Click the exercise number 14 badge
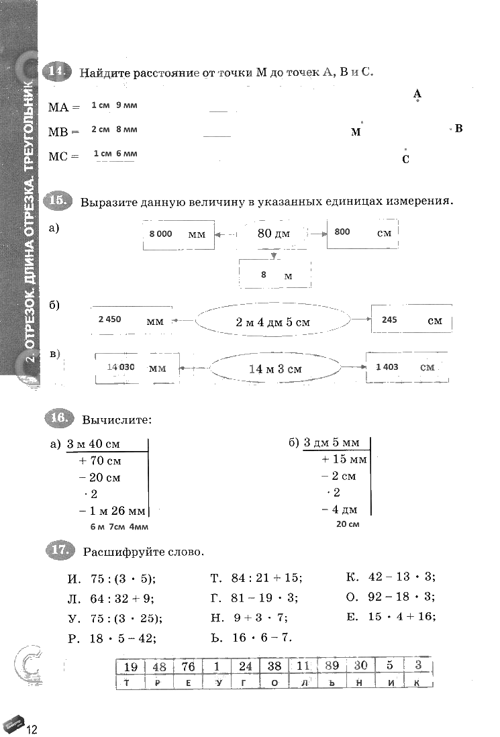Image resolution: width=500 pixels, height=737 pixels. (x=56, y=72)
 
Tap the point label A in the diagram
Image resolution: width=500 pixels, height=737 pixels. (x=417, y=94)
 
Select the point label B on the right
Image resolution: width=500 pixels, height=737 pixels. (x=459, y=128)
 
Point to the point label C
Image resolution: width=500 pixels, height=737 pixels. (x=405, y=159)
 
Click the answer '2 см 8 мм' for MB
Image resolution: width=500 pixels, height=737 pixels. (x=114, y=130)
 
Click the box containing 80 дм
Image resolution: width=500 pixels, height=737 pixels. (x=272, y=233)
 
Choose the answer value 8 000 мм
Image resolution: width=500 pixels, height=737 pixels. (x=161, y=234)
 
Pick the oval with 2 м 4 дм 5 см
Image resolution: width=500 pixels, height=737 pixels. (x=272, y=322)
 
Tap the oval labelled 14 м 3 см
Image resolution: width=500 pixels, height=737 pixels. (x=274, y=368)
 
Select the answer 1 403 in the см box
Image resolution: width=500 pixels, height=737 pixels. (x=387, y=366)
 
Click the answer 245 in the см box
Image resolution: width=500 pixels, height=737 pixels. (x=389, y=320)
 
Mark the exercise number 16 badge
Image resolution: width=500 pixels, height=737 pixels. (x=59, y=419)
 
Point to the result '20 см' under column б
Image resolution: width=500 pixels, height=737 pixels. (x=348, y=524)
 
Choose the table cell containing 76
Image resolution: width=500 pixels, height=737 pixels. (x=188, y=667)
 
